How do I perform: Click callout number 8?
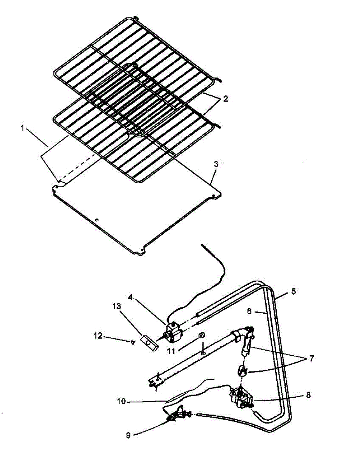coord(308,395)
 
